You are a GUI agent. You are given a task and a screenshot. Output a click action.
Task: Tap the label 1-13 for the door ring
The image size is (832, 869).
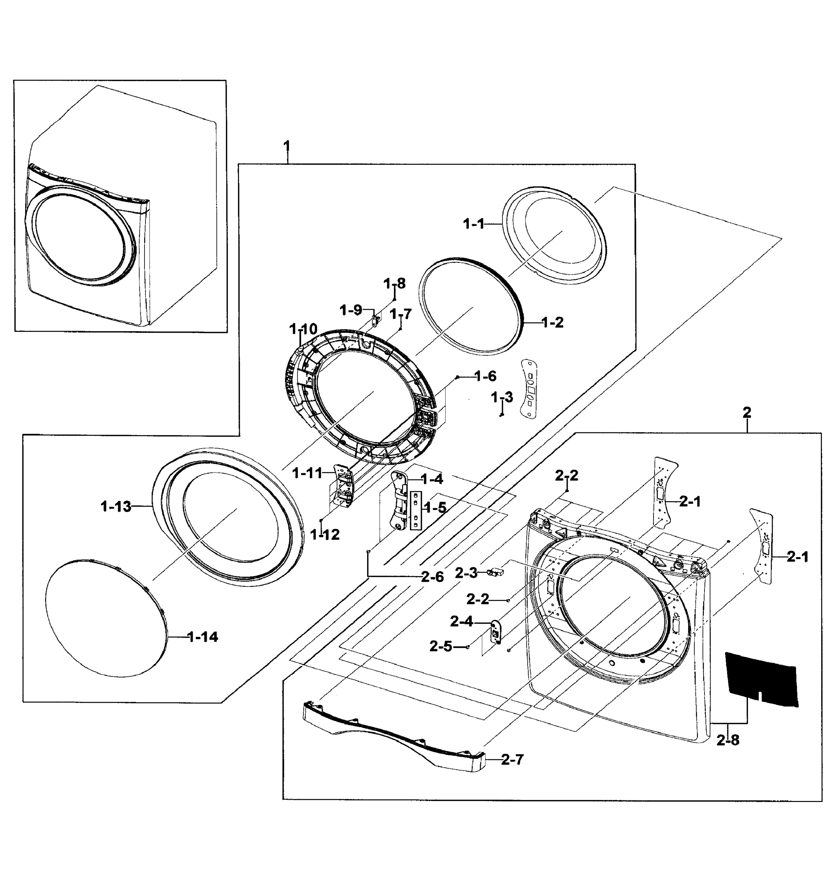click(x=116, y=506)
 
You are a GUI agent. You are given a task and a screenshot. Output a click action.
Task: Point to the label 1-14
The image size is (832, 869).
click(x=203, y=637)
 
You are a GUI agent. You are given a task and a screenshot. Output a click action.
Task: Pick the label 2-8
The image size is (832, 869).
click(x=728, y=740)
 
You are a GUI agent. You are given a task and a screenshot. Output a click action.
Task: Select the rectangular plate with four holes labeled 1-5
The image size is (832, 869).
click(x=416, y=510)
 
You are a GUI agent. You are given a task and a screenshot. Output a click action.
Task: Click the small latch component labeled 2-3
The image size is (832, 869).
click(x=496, y=572)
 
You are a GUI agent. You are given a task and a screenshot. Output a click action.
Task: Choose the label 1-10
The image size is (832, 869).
click(x=303, y=329)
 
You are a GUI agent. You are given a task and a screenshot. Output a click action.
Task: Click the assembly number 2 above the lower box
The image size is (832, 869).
click(x=747, y=413)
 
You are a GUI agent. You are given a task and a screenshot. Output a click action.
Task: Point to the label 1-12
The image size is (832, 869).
click(x=325, y=535)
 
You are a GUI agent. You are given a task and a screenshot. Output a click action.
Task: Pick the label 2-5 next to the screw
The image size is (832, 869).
click(x=440, y=646)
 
